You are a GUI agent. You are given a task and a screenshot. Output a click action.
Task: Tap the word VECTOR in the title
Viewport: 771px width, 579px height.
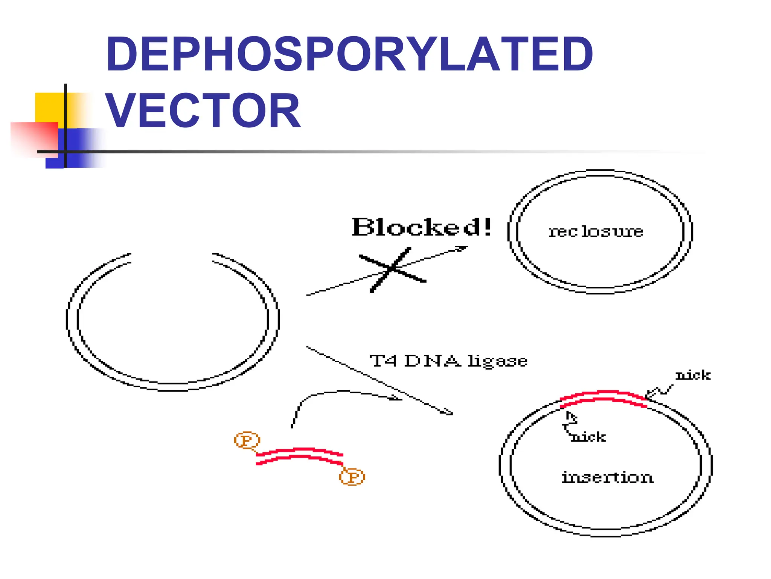click(x=203, y=110)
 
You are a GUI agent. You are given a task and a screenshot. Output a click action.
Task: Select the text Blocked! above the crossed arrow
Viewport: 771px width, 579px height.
click(x=422, y=227)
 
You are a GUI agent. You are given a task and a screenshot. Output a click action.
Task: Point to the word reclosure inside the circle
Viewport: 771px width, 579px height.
click(x=596, y=231)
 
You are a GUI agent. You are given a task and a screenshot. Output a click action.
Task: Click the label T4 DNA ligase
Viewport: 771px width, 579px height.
click(x=448, y=361)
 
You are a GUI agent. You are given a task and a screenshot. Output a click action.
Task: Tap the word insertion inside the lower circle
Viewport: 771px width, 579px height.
click(x=607, y=477)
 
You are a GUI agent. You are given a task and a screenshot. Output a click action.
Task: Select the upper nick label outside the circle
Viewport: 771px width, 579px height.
click(x=693, y=375)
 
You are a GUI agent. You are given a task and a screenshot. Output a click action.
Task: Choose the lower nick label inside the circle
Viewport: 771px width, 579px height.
click(x=588, y=437)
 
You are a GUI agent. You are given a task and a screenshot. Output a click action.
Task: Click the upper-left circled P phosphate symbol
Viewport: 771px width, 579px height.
click(x=247, y=440)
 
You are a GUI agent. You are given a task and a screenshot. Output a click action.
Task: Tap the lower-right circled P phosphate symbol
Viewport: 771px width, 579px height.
click(x=352, y=477)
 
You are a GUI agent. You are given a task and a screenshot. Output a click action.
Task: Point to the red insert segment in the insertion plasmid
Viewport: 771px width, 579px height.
click(x=603, y=398)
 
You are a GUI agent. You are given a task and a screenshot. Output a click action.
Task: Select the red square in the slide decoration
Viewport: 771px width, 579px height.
click(x=34, y=138)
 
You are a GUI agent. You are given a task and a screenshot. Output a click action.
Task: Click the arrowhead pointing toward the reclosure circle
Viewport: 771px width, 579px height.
click(x=462, y=248)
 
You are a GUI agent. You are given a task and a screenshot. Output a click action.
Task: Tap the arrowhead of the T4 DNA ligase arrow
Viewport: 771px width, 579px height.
click(x=447, y=412)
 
